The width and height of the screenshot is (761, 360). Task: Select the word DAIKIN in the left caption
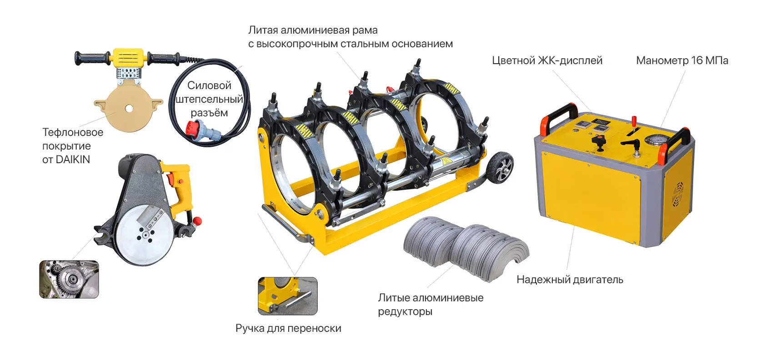(73, 160)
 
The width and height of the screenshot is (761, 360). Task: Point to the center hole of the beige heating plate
(129, 108)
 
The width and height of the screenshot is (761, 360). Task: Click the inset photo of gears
(69, 279)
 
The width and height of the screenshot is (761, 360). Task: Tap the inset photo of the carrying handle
(287, 296)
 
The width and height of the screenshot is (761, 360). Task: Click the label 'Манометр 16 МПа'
(682, 60)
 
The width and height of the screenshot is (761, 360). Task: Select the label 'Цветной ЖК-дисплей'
(547, 60)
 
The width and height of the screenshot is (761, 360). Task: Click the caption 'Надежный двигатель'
(570, 280)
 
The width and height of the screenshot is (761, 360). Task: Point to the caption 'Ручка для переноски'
(288, 328)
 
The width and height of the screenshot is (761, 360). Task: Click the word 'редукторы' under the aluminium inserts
(405, 311)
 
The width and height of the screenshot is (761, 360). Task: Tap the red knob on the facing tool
(197, 221)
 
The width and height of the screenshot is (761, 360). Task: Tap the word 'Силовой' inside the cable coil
(209, 85)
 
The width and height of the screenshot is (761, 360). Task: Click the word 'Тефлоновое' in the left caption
(73, 132)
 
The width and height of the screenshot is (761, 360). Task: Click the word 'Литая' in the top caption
(264, 30)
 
